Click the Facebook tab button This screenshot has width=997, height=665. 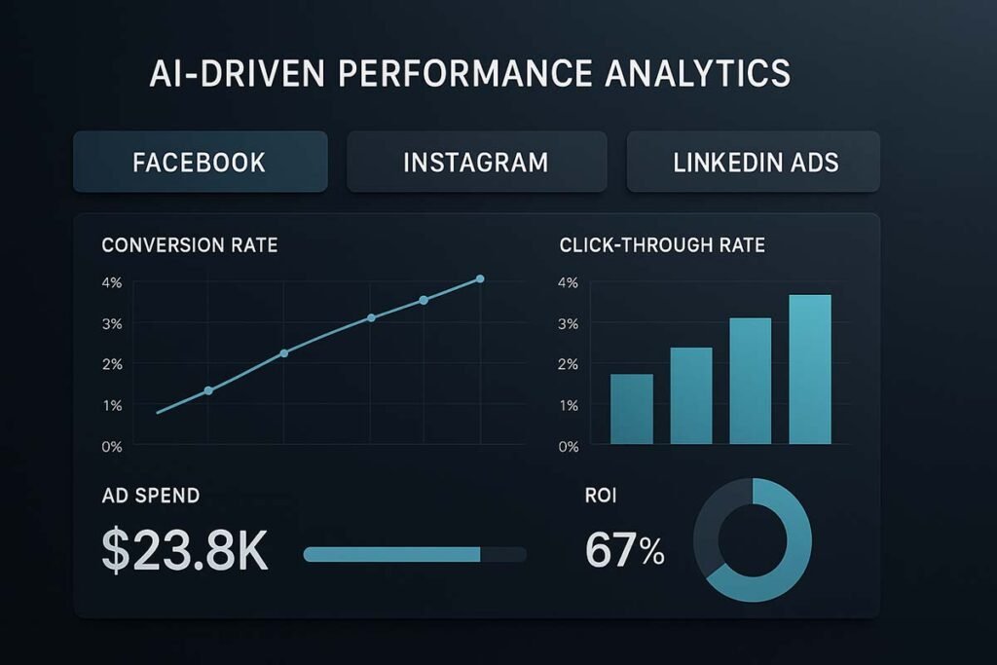(x=199, y=162)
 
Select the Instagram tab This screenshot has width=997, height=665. (x=476, y=162)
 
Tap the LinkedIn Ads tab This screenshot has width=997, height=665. (x=755, y=162)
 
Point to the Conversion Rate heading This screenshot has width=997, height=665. (x=189, y=245)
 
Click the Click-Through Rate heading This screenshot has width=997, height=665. (x=662, y=245)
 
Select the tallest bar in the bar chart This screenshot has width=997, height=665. (x=810, y=369)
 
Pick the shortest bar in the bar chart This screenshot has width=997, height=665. (x=631, y=409)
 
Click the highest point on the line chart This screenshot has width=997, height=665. (x=480, y=279)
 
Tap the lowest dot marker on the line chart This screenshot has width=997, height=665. (x=208, y=390)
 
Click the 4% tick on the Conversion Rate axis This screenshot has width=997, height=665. (x=111, y=283)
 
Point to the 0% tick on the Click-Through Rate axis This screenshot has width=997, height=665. (x=568, y=446)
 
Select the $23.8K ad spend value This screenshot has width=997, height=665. (x=185, y=551)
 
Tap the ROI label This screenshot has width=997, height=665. (x=600, y=496)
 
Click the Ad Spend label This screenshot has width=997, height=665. (x=151, y=496)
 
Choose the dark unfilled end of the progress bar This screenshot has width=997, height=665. (x=503, y=554)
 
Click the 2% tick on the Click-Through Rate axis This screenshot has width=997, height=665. (x=568, y=364)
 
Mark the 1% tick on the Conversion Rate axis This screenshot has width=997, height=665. (x=111, y=405)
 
